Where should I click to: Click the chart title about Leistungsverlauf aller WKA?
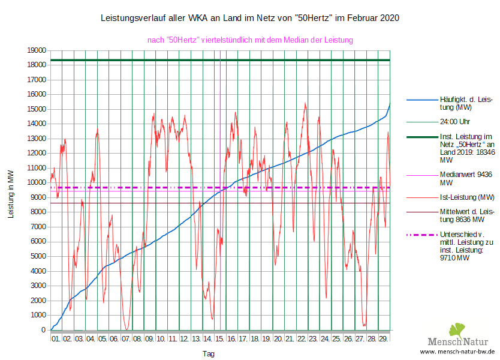[249, 19]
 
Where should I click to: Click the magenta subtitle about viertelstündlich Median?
[250, 40]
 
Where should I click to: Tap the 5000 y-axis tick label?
[37, 256]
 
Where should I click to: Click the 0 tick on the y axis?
[43, 329]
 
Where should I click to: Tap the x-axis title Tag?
[208, 354]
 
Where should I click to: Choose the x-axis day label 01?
[56, 339]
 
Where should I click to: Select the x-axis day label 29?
[383, 339]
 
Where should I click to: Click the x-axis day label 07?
[126, 339]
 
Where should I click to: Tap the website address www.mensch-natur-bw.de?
[457, 352]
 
